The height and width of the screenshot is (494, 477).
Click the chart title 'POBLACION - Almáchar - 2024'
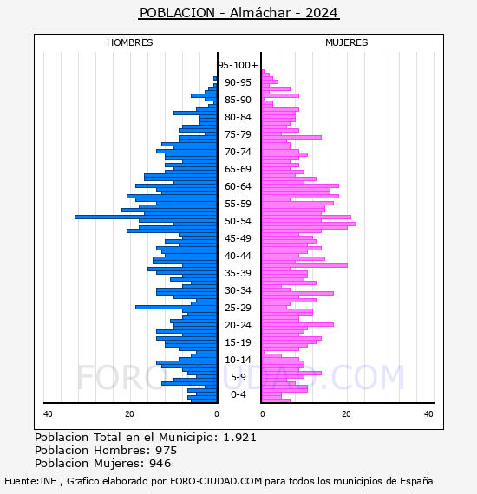coord(238,13)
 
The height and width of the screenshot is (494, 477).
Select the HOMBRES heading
coord(129,42)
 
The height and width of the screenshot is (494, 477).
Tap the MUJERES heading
coord(347,42)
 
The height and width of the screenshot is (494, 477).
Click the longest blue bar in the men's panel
coord(146,217)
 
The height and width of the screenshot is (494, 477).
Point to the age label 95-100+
coord(238,65)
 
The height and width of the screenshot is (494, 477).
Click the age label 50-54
coord(238,221)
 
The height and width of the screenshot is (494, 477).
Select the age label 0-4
coord(238,394)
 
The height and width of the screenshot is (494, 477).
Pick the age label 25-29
coord(238,308)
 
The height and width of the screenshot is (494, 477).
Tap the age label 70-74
coord(238,152)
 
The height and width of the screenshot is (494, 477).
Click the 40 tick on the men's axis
coord(48,414)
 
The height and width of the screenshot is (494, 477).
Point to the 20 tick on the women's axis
coord(346,414)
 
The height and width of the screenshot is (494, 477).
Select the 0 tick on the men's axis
coord(217,414)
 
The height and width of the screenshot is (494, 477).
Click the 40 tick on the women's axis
coord(428,414)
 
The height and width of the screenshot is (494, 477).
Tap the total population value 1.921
coord(240,438)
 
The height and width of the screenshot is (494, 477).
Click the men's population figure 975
coord(167,451)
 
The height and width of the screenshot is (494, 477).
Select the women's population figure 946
coord(160,464)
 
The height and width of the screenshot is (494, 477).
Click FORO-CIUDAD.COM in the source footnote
coord(216,481)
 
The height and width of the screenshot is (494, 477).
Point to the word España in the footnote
coord(416,481)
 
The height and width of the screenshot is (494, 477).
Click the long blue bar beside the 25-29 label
coord(176,307)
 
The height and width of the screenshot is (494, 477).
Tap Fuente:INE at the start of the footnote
coord(30,481)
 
